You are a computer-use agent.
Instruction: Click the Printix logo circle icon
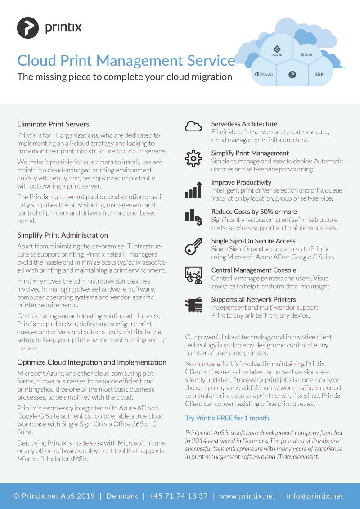28,28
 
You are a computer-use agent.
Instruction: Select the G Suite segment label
306,54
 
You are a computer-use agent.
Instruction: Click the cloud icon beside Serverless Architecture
193,127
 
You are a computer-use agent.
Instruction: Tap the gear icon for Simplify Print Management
193,158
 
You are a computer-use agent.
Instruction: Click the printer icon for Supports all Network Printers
193,306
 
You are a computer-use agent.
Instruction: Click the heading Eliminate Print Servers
53,124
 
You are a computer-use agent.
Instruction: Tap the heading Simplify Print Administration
63,235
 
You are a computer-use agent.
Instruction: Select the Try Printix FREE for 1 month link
228,418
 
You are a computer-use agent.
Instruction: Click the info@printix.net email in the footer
315,496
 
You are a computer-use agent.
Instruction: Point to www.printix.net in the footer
247,496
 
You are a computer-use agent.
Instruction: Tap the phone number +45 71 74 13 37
178,496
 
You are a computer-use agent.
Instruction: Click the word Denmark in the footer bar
122,496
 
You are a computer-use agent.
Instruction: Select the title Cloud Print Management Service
126,60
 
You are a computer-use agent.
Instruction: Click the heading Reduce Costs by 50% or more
253,212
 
